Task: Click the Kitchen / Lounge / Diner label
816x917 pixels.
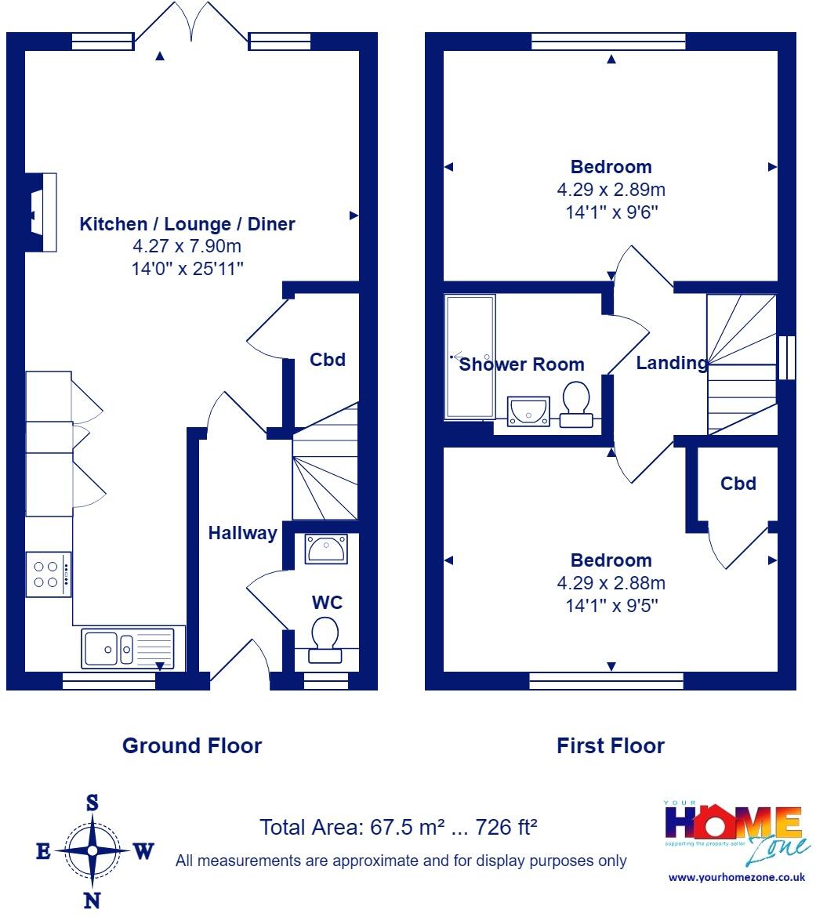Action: (187, 224)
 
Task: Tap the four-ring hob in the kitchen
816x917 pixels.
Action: (49, 574)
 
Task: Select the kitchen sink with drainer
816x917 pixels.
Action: (128, 648)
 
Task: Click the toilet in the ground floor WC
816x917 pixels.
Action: (325, 640)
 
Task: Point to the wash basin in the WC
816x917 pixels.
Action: (326, 549)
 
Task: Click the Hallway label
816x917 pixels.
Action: (243, 534)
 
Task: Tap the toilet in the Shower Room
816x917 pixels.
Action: (576, 404)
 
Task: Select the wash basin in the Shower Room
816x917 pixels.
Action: (528, 411)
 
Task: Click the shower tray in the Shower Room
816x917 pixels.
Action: (470, 357)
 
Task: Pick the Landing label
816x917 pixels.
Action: (672, 363)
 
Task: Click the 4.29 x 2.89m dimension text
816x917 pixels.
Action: (611, 190)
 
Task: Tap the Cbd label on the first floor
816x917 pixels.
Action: (738, 483)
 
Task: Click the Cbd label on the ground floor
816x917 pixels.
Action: (328, 359)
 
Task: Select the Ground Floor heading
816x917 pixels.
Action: (192, 745)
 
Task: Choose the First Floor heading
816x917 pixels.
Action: (611, 745)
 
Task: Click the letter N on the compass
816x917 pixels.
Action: (92, 901)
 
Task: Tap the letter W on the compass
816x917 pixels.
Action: (144, 851)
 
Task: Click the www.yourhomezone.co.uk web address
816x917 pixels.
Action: (737, 877)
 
